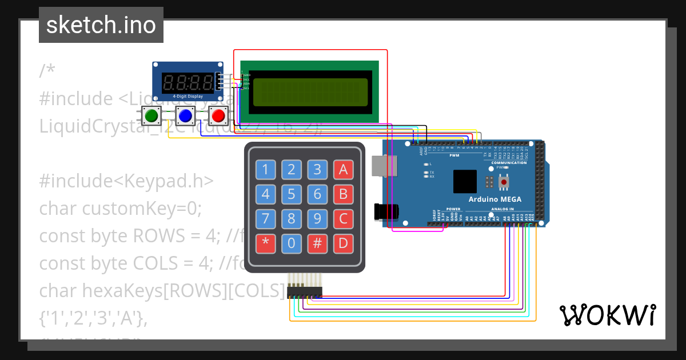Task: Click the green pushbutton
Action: click(x=151, y=116)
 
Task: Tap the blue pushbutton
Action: click(x=185, y=116)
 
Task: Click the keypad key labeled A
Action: click(x=343, y=169)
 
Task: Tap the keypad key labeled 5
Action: click(x=292, y=194)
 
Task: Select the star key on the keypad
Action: click(x=265, y=243)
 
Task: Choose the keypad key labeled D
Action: click(x=343, y=243)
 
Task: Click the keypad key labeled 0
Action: click(x=292, y=243)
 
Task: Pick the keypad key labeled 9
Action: click(x=317, y=219)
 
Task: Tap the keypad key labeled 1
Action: click(x=265, y=169)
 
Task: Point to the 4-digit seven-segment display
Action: click(x=188, y=83)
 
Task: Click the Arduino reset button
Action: click(x=504, y=182)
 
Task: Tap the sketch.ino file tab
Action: click(x=101, y=25)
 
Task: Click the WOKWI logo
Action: click(x=607, y=315)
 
